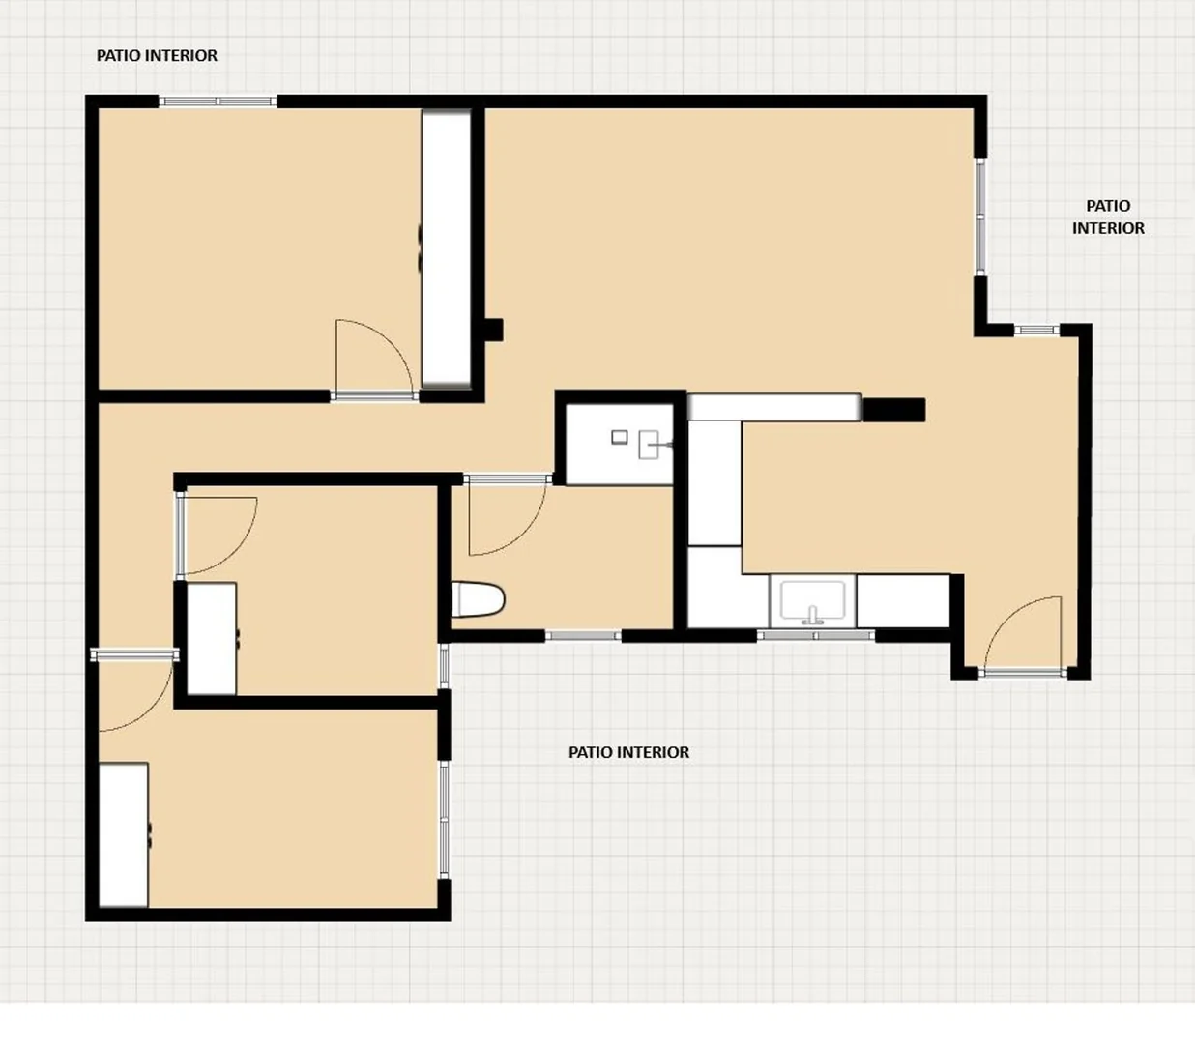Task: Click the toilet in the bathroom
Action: [478, 599]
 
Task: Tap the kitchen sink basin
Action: [813, 600]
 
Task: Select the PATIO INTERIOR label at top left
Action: [157, 55]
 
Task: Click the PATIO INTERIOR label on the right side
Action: [1108, 217]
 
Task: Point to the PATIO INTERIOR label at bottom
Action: [628, 752]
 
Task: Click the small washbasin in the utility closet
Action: [650, 445]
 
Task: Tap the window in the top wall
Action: [218, 101]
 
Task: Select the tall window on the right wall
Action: [980, 217]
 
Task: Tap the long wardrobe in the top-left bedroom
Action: [447, 248]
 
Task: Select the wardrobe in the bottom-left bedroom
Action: [123, 834]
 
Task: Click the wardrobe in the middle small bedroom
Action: [212, 638]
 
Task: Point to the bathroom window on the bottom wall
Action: [583, 636]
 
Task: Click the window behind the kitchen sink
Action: [816, 635]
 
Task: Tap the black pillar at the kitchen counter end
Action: [893, 410]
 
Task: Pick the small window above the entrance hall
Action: [1036, 330]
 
